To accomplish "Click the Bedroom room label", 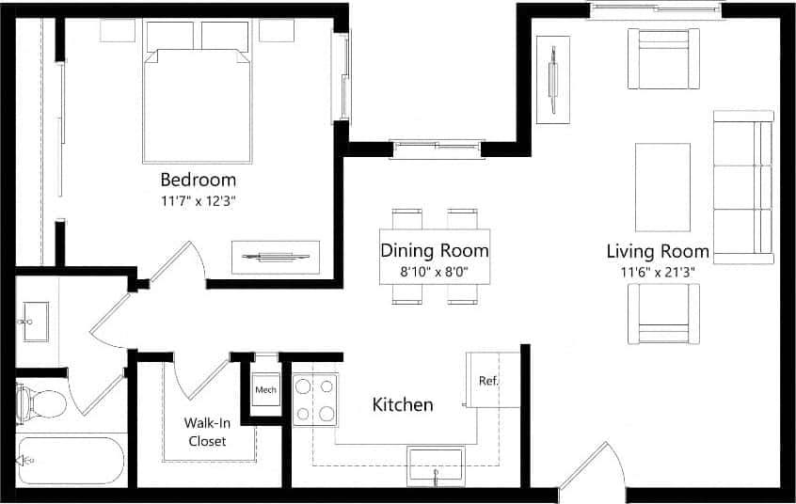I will point(198,179).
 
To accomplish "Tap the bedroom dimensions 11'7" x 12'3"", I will point(198,200).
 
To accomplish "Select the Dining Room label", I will point(434,251).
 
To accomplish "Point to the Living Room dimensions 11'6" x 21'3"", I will point(657,273).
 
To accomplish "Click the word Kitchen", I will point(403,405).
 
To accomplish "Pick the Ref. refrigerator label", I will point(488,382).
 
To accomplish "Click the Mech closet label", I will point(263,389).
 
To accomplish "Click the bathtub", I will point(71,460).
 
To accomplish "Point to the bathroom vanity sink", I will point(35,322).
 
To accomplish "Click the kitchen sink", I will point(435,465).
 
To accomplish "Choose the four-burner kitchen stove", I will point(315,399).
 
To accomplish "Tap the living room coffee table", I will point(662,186).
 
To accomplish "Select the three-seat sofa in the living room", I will point(743,186).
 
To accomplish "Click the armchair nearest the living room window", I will point(663,58).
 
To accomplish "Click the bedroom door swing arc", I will point(179,263).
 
